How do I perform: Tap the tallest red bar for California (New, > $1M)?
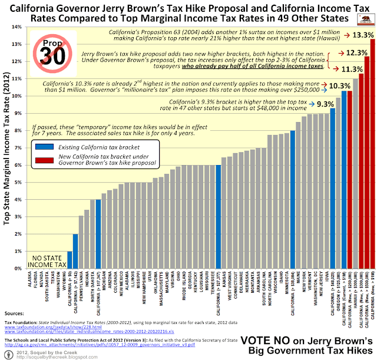[x=372, y=153]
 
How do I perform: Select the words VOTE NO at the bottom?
[x=262, y=341]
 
